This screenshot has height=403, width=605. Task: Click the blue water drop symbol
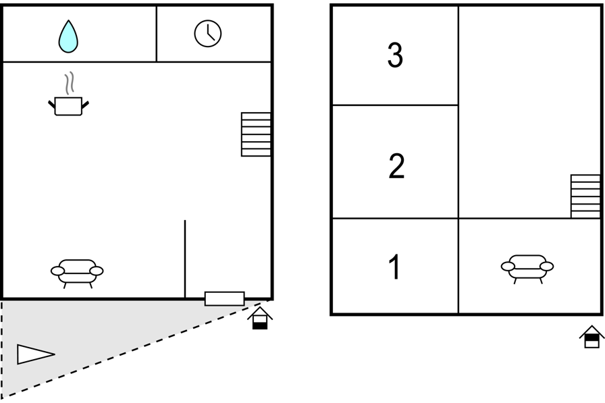tap(68, 36)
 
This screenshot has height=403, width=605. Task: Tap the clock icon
tap(208, 34)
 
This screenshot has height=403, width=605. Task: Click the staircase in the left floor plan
tap(256, 134)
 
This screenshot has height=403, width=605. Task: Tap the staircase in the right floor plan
tap(585, 196)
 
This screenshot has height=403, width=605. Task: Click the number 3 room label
tap(395, 55)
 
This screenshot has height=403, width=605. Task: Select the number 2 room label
tap(396, 166)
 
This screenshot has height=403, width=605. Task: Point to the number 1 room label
tap(394, 267)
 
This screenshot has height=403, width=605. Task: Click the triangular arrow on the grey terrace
tap(36, 354)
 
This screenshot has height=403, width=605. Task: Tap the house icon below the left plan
tap(260, 318)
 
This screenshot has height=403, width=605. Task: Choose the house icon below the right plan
tap(592, 337)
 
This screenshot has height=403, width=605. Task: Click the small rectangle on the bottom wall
tap(225, 299)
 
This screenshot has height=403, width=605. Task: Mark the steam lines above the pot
tap(69, 83)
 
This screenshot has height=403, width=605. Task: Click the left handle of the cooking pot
tap(51, 104)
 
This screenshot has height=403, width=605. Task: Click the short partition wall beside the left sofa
tap(185, 259)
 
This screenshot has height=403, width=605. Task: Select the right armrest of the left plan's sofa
tap(97, 271)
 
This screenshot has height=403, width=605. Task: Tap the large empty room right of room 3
tap(530, 112)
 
